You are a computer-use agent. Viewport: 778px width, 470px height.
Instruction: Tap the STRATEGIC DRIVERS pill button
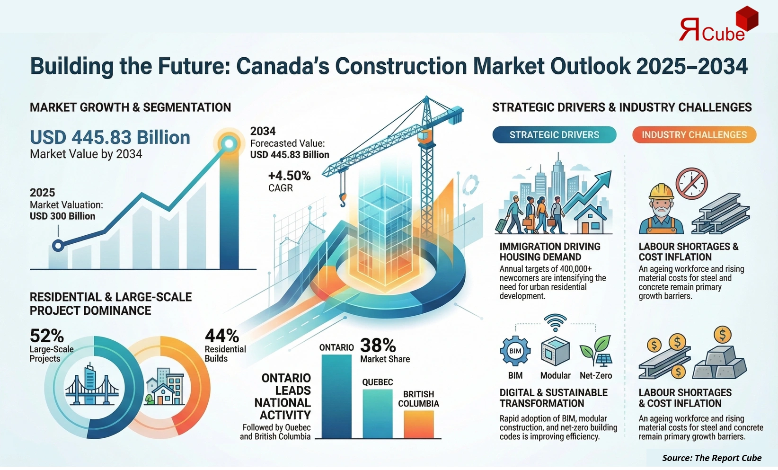554,135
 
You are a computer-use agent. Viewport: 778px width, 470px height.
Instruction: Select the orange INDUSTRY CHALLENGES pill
694,135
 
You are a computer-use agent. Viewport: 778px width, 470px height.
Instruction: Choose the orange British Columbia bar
418,424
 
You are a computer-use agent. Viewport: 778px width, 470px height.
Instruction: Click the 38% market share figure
378,345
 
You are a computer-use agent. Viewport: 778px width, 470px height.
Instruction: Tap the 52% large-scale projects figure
46,336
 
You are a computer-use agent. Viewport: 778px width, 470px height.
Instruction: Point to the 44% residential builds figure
221,336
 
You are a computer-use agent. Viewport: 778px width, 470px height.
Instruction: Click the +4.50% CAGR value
289,176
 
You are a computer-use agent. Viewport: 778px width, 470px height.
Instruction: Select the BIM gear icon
515,351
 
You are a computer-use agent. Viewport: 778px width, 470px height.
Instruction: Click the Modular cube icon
555,351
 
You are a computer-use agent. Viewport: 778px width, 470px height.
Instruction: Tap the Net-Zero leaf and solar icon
596,351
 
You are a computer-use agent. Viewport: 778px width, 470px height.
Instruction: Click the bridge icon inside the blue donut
92,386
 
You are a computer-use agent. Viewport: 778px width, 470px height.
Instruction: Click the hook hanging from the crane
343,199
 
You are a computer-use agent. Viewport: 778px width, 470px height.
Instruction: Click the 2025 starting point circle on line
58,246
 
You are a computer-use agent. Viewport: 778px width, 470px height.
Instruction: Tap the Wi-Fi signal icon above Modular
555,322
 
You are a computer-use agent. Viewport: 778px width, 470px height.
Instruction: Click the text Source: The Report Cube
711,458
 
